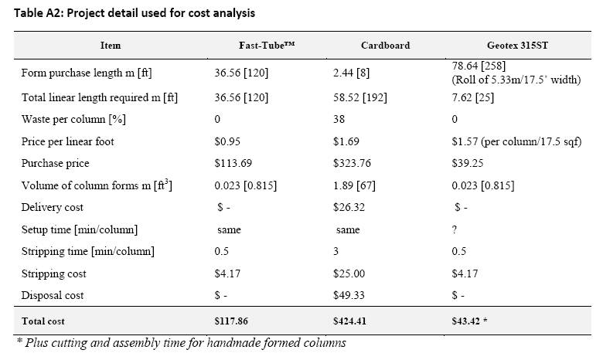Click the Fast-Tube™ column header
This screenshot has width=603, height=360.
click(x=267, y=46)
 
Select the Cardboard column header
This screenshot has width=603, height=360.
click(x=385, y=46)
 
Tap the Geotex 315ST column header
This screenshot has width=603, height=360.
click(x=517, y=46)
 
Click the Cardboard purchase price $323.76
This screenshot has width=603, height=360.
click(x=352, y=163)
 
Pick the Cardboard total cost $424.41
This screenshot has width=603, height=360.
click(x=349, y=321)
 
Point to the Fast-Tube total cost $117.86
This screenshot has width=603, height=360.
click(x=231, y=321)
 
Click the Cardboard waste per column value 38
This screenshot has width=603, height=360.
click(x=339, y=119)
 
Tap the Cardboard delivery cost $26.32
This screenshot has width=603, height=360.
click(x=349, y=208)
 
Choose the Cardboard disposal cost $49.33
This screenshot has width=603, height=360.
click(x=349, y=295)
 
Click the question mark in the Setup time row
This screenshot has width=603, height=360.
click(x=455, y=229)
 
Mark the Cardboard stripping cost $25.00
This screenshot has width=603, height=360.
click(x=349, y=273)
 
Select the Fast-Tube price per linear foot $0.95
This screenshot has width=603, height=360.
click(x=227, y=142)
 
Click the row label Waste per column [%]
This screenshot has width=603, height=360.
click(x=73, y=120)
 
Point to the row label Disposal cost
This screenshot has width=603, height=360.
click(x=53, y=295)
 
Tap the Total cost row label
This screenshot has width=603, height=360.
click(x=43, y=321)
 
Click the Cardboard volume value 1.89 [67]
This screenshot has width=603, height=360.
click(x=354, y=185)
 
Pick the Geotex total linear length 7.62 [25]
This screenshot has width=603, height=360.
click(x=473, y=97)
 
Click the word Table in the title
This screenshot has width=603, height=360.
click(x=29, y=13)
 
